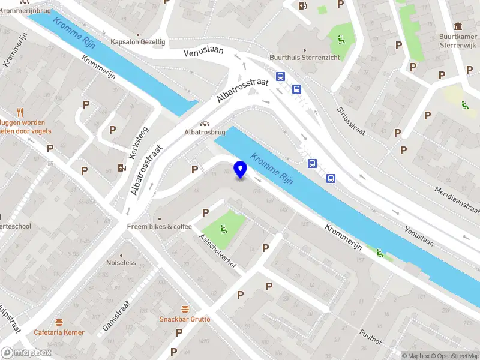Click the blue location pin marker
tap(241, 169)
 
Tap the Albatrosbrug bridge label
tap(205, 131)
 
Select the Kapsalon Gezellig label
tap(137, 42)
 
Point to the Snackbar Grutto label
tap(185, 319)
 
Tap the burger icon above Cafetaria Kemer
tap(59, 322)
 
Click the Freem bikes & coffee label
tap(159, 226)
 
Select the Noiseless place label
tap(121, 263)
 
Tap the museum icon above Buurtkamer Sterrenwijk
tap(458, 26)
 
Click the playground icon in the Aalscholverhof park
tap(223, 227)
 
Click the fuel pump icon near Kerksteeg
tap(122, 167)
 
